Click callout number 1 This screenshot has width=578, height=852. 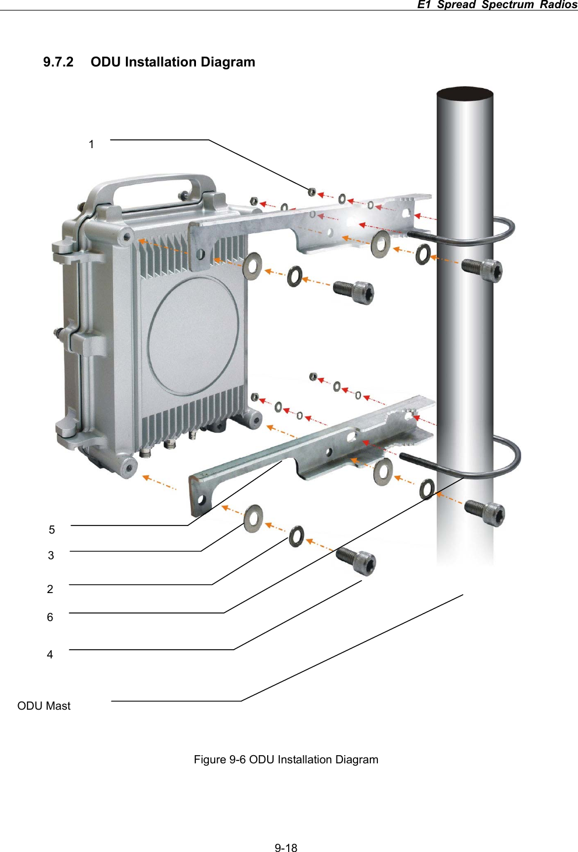click(x=91, y=144)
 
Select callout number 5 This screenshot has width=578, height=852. click(x=52, y=530)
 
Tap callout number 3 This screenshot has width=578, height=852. click(x=51, y=555)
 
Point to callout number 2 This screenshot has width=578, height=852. click(x=50, y=589)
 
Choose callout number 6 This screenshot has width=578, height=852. click(x=50, y=617)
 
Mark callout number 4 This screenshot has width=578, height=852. click(x=50, y=654)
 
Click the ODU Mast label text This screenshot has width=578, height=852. click(x=44, y=706)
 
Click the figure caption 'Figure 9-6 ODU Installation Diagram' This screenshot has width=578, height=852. click(x=286, y=759)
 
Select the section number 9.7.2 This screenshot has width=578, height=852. click(x=58, y=62)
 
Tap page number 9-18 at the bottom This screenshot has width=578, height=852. click(x=286, y=847)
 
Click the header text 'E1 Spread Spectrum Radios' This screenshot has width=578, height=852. click(x=497, y=5)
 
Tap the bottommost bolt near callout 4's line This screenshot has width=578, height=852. click(x=356, y=561)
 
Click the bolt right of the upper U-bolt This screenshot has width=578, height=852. click(x=482, y=269)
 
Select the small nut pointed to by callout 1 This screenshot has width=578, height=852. click(x=312, y=191)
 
